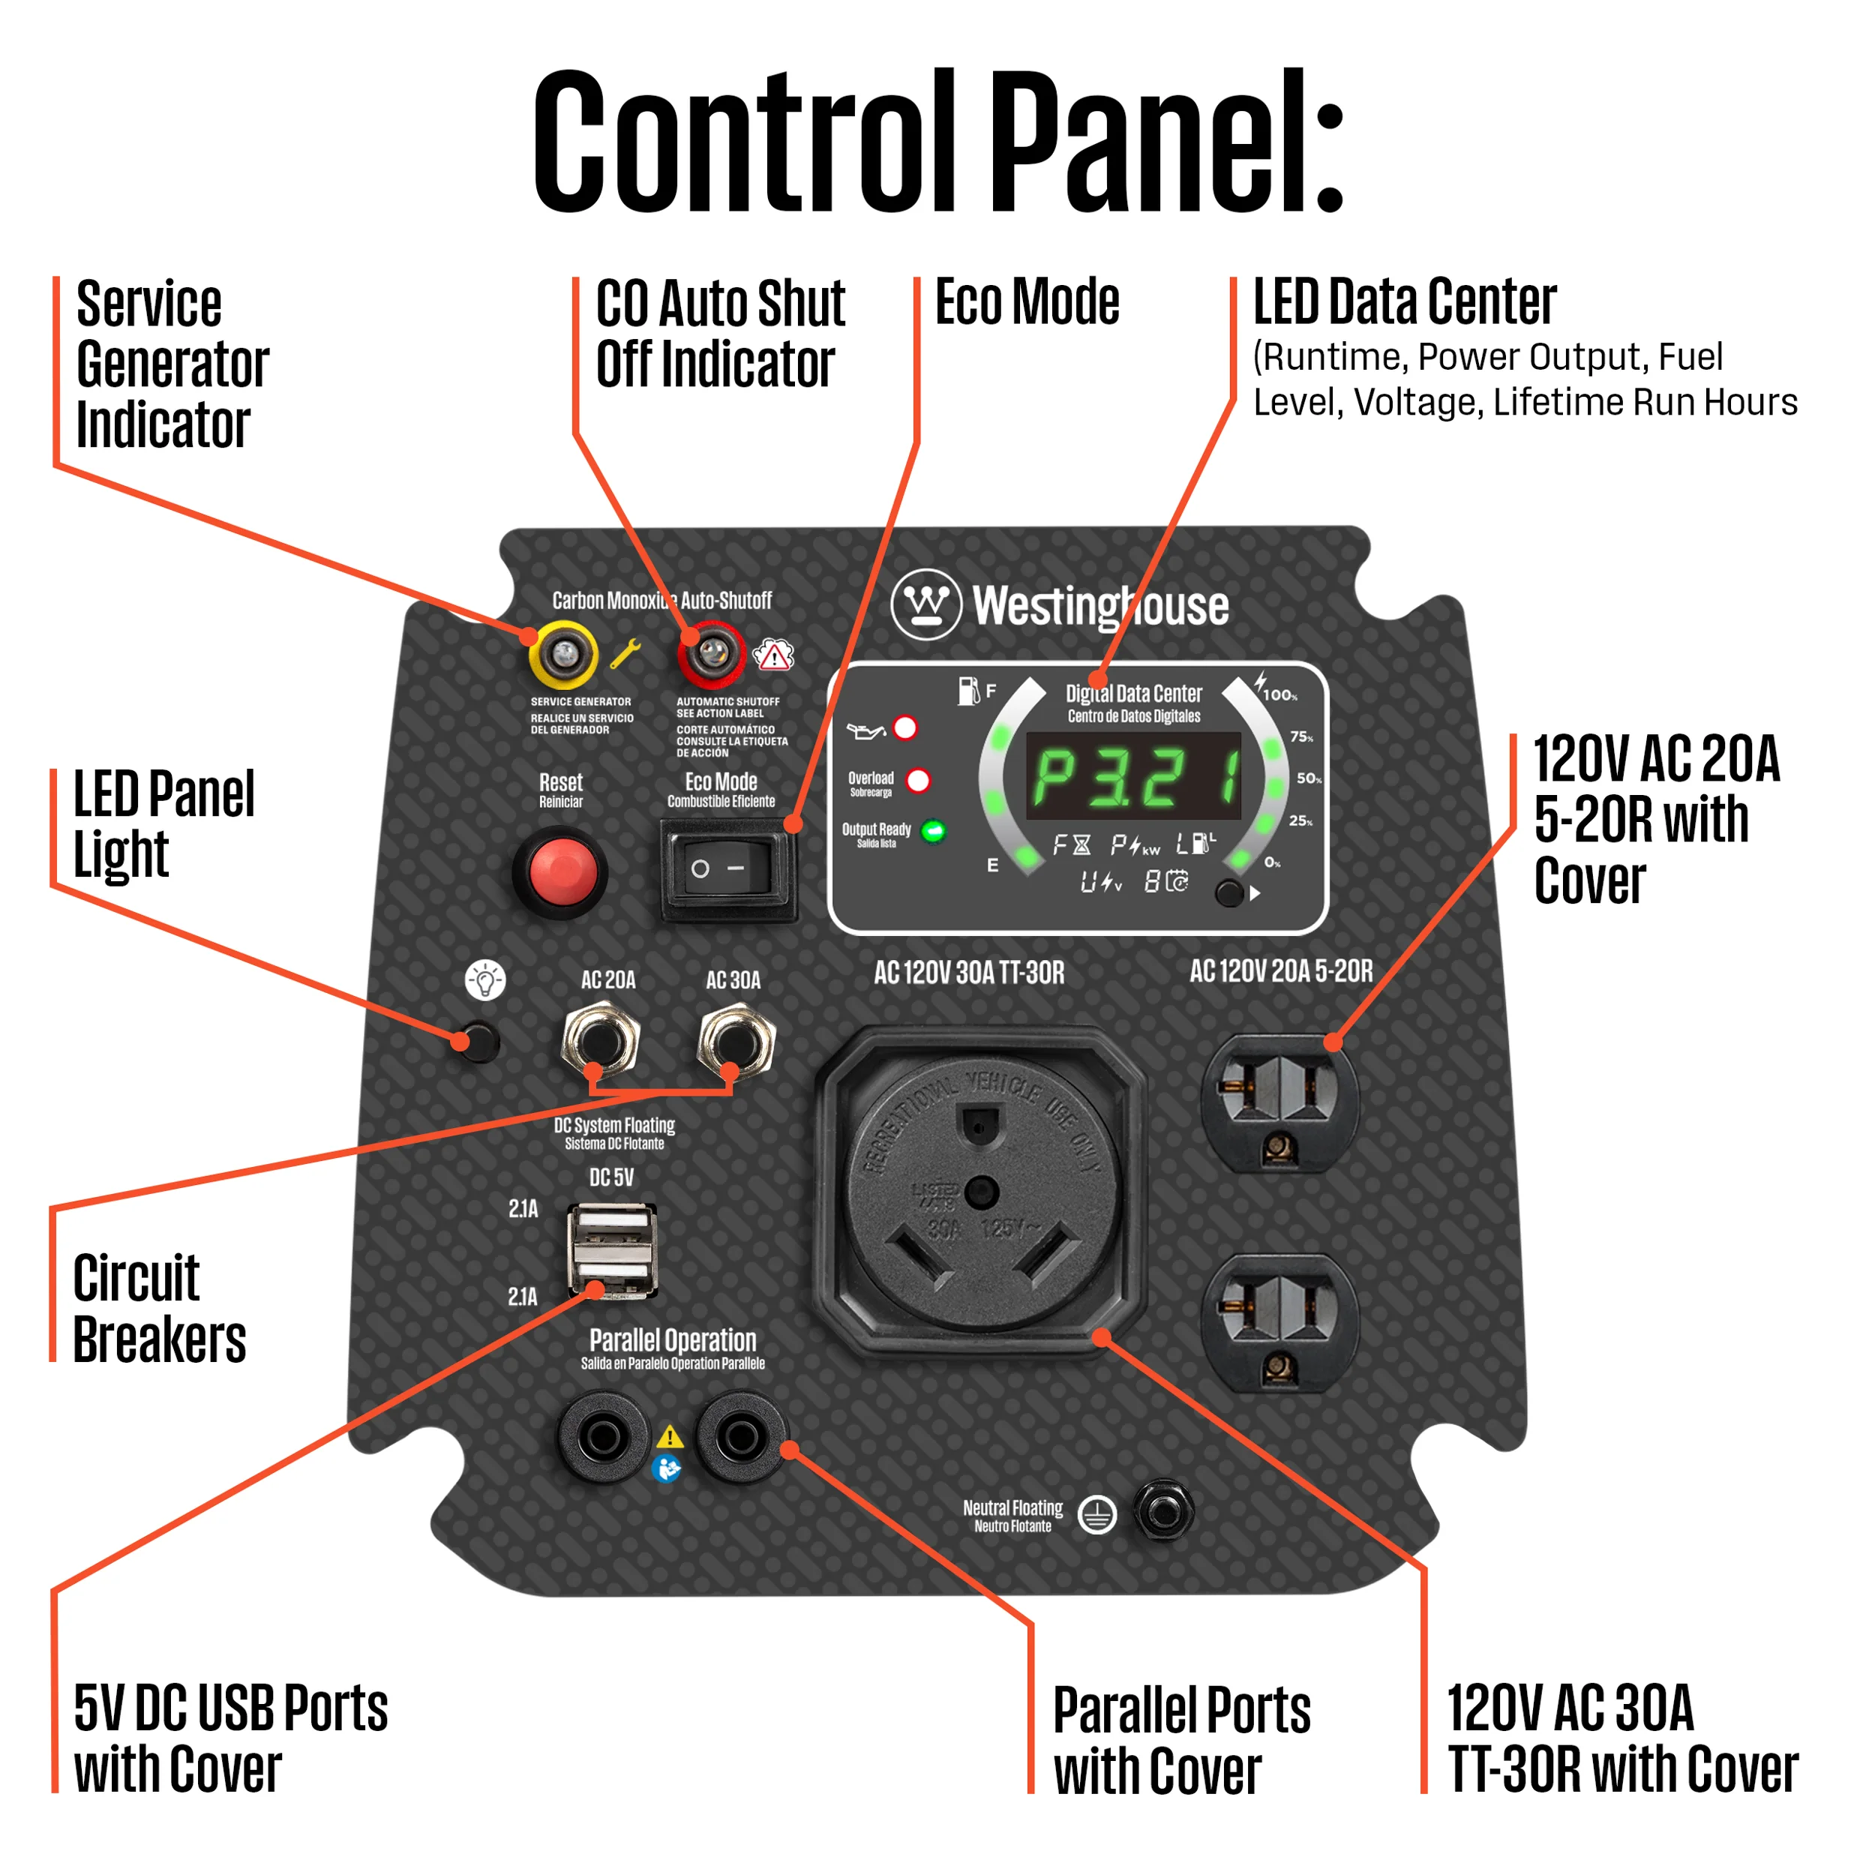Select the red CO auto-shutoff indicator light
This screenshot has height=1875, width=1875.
pyautogui.click(x=712, y=653)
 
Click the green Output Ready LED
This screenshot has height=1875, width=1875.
pyautogui.click(x=933, y=832)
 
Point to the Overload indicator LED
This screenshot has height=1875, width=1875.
pyautogui.click(x=917, y=780)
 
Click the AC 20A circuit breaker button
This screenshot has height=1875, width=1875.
pyautogui.click(x=600, y=1041)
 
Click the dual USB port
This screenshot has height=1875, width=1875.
pyautogui.click(x=611, y=1251)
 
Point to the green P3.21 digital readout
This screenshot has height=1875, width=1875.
pyautogui.click(x=1133, y=776)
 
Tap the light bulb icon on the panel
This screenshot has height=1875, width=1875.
pyautogui.click(x=485, y=980)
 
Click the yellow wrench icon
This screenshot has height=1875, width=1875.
pyautogui.click(x=625, y=654)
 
